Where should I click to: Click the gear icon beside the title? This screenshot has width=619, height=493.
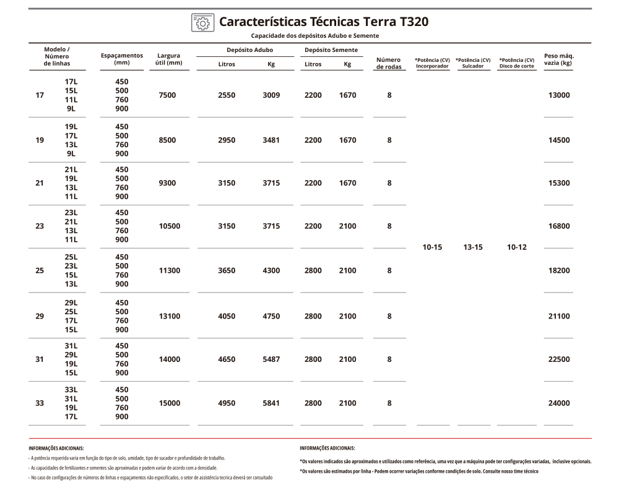202,22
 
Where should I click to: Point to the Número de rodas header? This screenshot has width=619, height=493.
389,63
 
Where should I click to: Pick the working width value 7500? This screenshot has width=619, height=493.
167,95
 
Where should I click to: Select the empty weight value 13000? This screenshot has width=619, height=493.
559,95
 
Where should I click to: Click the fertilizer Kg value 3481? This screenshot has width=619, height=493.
271,140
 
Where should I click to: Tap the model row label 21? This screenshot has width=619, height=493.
40,183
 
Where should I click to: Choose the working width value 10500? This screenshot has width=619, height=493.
170,226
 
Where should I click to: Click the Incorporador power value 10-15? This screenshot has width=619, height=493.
432,247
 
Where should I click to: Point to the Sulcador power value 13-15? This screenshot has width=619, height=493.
473,247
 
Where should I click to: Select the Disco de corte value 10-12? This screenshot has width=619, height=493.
516,247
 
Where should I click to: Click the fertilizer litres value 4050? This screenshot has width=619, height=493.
227,316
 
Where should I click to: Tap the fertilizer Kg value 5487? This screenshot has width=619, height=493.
271,359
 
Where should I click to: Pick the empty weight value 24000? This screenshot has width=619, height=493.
559,403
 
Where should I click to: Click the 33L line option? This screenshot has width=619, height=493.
71,390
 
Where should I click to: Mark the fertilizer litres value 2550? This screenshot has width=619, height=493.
227,95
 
